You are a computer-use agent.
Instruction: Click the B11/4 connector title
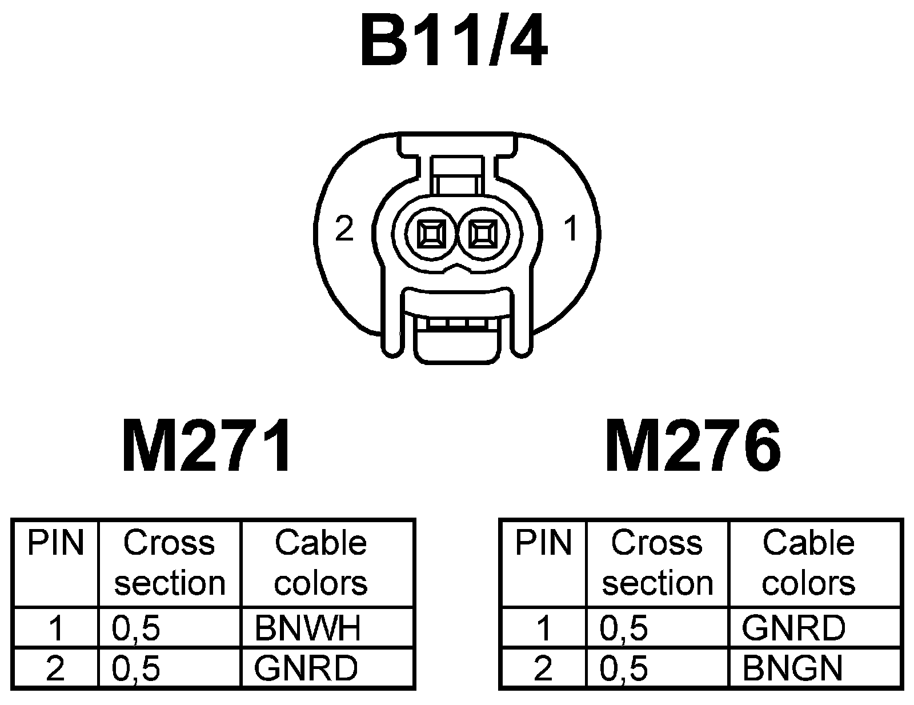(454, 42)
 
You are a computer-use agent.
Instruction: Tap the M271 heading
(207, 446)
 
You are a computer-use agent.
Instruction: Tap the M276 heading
(693, 446)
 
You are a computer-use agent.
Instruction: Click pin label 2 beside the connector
(344, 230)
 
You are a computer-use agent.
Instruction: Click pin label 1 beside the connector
(570, 230)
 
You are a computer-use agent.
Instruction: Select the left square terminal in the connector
(430, 234)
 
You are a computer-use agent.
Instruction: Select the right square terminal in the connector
(482, 234)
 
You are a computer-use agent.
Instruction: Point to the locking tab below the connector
(455, 343)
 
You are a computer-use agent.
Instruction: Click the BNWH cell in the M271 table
(307, 628)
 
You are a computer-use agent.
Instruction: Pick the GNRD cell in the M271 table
(306, 668)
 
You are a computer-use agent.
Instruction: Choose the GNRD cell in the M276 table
(793, 628)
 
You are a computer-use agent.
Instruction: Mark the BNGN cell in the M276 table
(792, 668)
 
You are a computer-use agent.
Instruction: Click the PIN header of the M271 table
(55, 543)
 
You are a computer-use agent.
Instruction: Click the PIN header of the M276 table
(543, 543)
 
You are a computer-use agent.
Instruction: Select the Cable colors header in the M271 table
(321, 563)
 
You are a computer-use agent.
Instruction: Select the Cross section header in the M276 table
(658, 563)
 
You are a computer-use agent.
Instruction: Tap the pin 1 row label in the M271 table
(55, 628)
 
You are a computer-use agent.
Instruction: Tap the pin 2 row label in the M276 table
(543, 668)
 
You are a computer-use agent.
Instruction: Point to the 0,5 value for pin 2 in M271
(136, 668)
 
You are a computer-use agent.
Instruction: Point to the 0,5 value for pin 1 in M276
(624, 628)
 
